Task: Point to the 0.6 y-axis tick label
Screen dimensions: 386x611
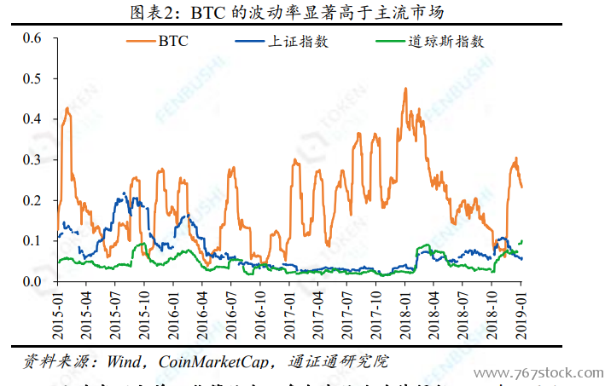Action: click(x=32, y=37)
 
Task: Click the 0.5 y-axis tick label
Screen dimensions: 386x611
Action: click(x=32, y=78)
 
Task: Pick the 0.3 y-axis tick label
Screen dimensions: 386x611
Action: click(x=32, y=159)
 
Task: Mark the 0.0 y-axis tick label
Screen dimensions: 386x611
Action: click(x=32, y=281)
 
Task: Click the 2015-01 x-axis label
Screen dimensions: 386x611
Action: click(x=57, y=318)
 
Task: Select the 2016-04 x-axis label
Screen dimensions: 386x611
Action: click(x=202, y=318)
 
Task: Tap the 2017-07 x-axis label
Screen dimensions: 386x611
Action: click(x=347, y=318)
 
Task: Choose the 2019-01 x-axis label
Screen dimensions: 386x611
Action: click(x=521, y=318)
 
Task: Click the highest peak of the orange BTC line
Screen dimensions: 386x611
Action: click(x=405, y=88)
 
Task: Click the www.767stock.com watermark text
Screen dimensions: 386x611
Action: click(x=539, y=373)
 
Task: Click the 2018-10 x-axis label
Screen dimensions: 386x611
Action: click(x=492, y=318)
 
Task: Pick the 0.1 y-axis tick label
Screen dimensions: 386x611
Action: click(x=32, y=241)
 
